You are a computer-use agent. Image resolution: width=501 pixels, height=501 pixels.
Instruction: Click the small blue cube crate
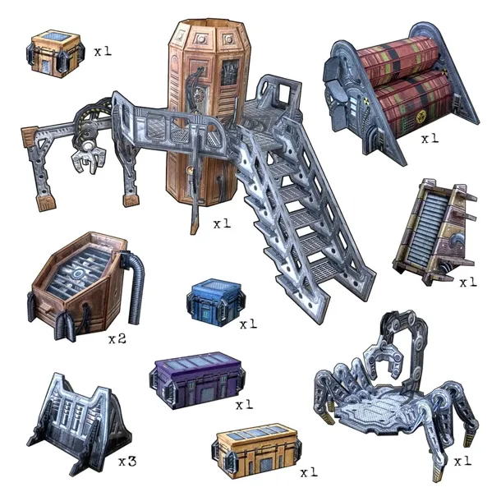point(216,302)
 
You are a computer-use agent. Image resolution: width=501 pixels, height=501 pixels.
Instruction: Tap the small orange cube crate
point(55,53)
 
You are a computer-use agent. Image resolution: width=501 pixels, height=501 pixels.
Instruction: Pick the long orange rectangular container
point(256,451)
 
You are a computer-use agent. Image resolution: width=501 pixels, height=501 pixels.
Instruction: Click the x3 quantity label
point(127,461)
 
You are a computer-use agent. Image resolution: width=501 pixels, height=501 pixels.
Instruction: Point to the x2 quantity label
point(117,338)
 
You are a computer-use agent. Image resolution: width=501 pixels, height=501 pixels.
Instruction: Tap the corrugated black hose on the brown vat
point(134,284)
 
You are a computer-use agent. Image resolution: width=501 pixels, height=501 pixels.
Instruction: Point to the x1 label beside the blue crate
point(248,324)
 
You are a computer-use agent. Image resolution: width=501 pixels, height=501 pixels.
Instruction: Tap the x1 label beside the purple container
point(244,405)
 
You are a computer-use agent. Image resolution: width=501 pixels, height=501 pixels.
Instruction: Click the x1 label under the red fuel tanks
point(430,139)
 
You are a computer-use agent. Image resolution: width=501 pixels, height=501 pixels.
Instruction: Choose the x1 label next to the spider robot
point(462,461)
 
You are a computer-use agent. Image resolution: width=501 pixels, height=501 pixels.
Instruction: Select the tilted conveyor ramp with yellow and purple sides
point(434,232)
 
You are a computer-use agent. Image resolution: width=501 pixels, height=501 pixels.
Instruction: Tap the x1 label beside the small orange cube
point(103,51)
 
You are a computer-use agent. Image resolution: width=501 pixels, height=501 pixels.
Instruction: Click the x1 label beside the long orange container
point(309,472)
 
